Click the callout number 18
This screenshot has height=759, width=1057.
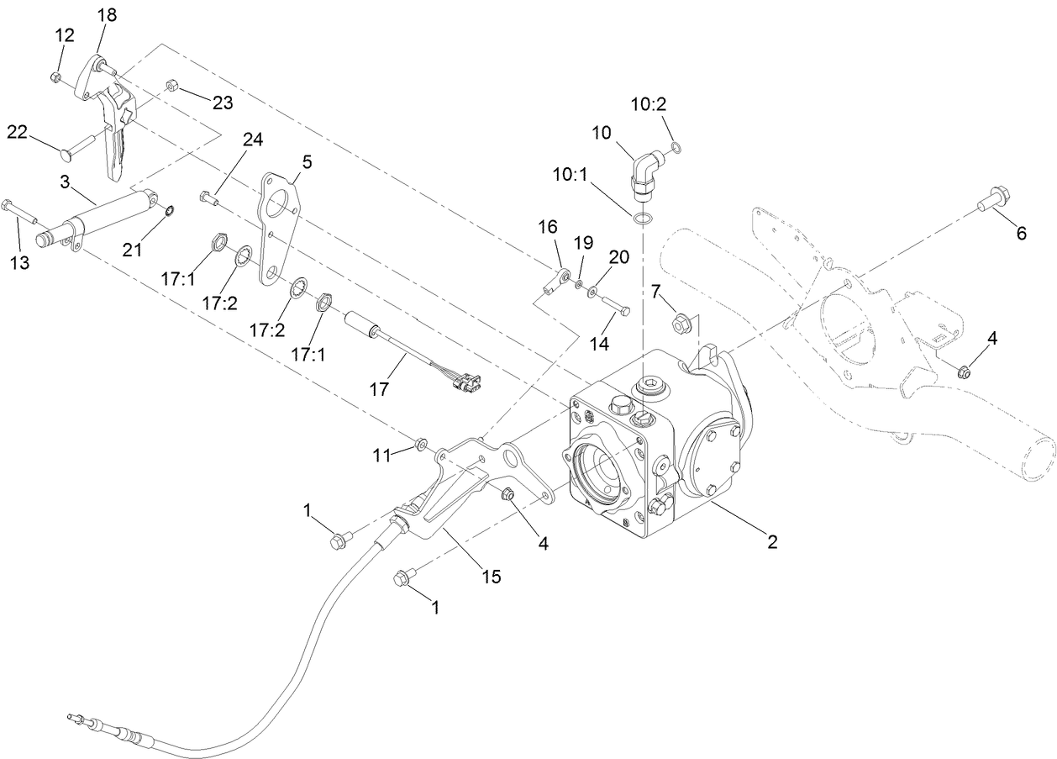(x=108, y=15)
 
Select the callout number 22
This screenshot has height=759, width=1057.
(x=18, y=132)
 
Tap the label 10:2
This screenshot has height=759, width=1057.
(x=648, y=105)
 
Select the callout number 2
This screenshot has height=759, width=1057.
(x=771, y=542)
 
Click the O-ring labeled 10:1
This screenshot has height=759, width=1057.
(x=643, y=219)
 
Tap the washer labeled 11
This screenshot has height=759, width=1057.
(x=421, y=442)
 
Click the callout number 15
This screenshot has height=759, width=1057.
(x=491, y=576)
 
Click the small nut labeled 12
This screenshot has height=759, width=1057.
(x=54, y=77)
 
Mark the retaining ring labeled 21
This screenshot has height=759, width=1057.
(x=169, y=210)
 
